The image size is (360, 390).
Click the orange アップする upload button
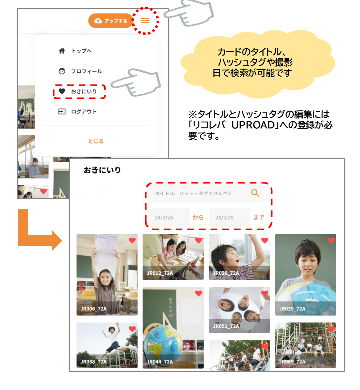pos(110,21)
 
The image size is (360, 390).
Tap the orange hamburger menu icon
pos(145,20)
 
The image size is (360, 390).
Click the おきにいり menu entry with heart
pos(79,92)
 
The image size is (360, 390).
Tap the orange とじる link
pos(96,141)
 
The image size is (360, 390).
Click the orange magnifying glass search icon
pos(255,193)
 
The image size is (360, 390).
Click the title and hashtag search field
pos(206,194)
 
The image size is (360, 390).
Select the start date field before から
pos(169,217)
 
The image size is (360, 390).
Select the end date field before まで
pos(229,217)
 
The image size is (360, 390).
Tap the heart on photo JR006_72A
pos(132,240)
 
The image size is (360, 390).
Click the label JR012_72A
pos(160,273)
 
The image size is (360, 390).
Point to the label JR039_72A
pos(292,309)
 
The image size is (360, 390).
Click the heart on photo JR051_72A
pos(265,293)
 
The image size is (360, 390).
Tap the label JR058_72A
pos(93,362)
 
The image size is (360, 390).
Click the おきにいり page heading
pos(102,170)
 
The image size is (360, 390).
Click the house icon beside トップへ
pos(62,51)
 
